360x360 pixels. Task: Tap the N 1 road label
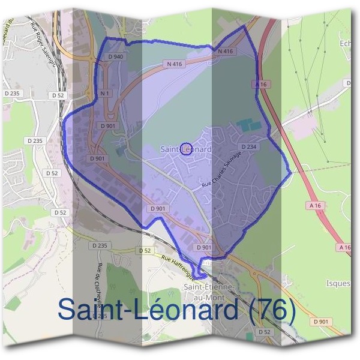coord(105,94)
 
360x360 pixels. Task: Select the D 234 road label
coord(249,146)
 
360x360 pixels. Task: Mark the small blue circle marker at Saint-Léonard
coord(186,149)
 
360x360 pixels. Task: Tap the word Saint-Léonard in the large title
coord(146,310)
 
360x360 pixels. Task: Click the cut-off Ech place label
coord(345,43)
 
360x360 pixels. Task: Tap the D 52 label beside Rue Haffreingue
coord(144,250)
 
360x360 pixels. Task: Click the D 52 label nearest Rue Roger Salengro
coord(58,95)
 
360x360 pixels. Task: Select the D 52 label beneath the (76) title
coord(264,332)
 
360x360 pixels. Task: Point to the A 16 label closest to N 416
coord(260,85)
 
